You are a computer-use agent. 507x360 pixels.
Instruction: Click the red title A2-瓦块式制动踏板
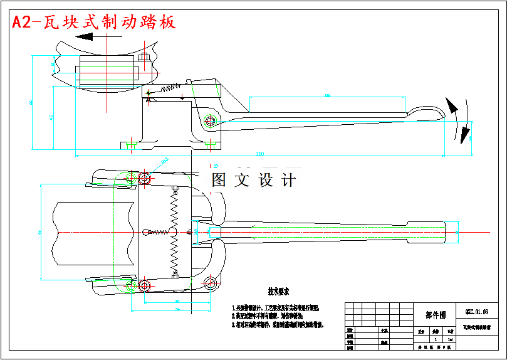94,22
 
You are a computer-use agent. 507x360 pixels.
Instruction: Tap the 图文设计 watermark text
253,181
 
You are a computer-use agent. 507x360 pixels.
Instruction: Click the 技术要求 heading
279,292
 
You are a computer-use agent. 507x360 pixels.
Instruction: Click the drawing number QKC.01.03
476,311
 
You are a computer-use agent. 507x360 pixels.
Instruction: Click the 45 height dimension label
51,117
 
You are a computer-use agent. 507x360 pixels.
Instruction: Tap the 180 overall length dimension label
260,154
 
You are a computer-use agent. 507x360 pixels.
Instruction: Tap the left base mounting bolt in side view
131,145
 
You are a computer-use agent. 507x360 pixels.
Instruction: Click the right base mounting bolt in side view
210,145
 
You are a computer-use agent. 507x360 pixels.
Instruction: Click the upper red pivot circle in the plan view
144,179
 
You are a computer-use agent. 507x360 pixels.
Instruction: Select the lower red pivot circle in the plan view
144,286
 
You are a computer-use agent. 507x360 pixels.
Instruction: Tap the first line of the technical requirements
276,308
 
